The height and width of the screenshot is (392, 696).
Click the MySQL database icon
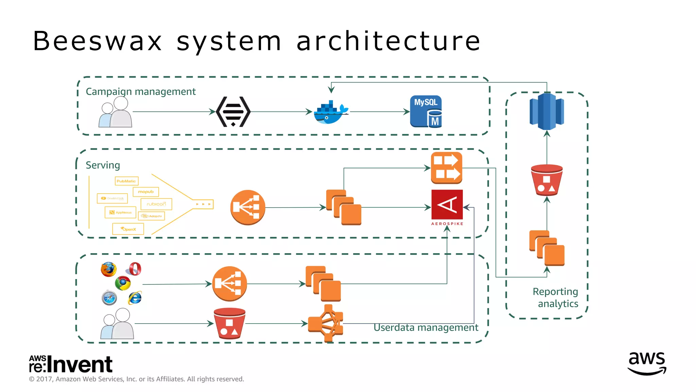pos(426,112)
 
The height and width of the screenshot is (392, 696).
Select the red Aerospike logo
pos(447,205)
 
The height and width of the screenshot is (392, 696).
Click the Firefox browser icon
pos(109,269)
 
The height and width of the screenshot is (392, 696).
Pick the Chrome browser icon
pos(123,283)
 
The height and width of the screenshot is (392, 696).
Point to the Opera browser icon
pos(135,269)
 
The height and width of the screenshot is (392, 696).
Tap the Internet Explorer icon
pos(135,298)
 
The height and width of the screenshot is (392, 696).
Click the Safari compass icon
pos(109,298)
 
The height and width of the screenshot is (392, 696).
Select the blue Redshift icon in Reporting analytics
pos(546,112)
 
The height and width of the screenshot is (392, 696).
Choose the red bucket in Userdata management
pos(229,324)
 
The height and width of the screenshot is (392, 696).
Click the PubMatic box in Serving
pos(126,181)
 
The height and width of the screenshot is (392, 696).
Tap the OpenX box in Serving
pos(128,229)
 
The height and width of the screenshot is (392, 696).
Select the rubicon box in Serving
pos(156,204)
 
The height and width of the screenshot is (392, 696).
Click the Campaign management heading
pos(141,92)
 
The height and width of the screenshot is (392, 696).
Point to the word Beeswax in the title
pos(98,41)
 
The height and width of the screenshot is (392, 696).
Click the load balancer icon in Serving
pos(247,207)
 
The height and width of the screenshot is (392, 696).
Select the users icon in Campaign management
pos(116,112)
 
